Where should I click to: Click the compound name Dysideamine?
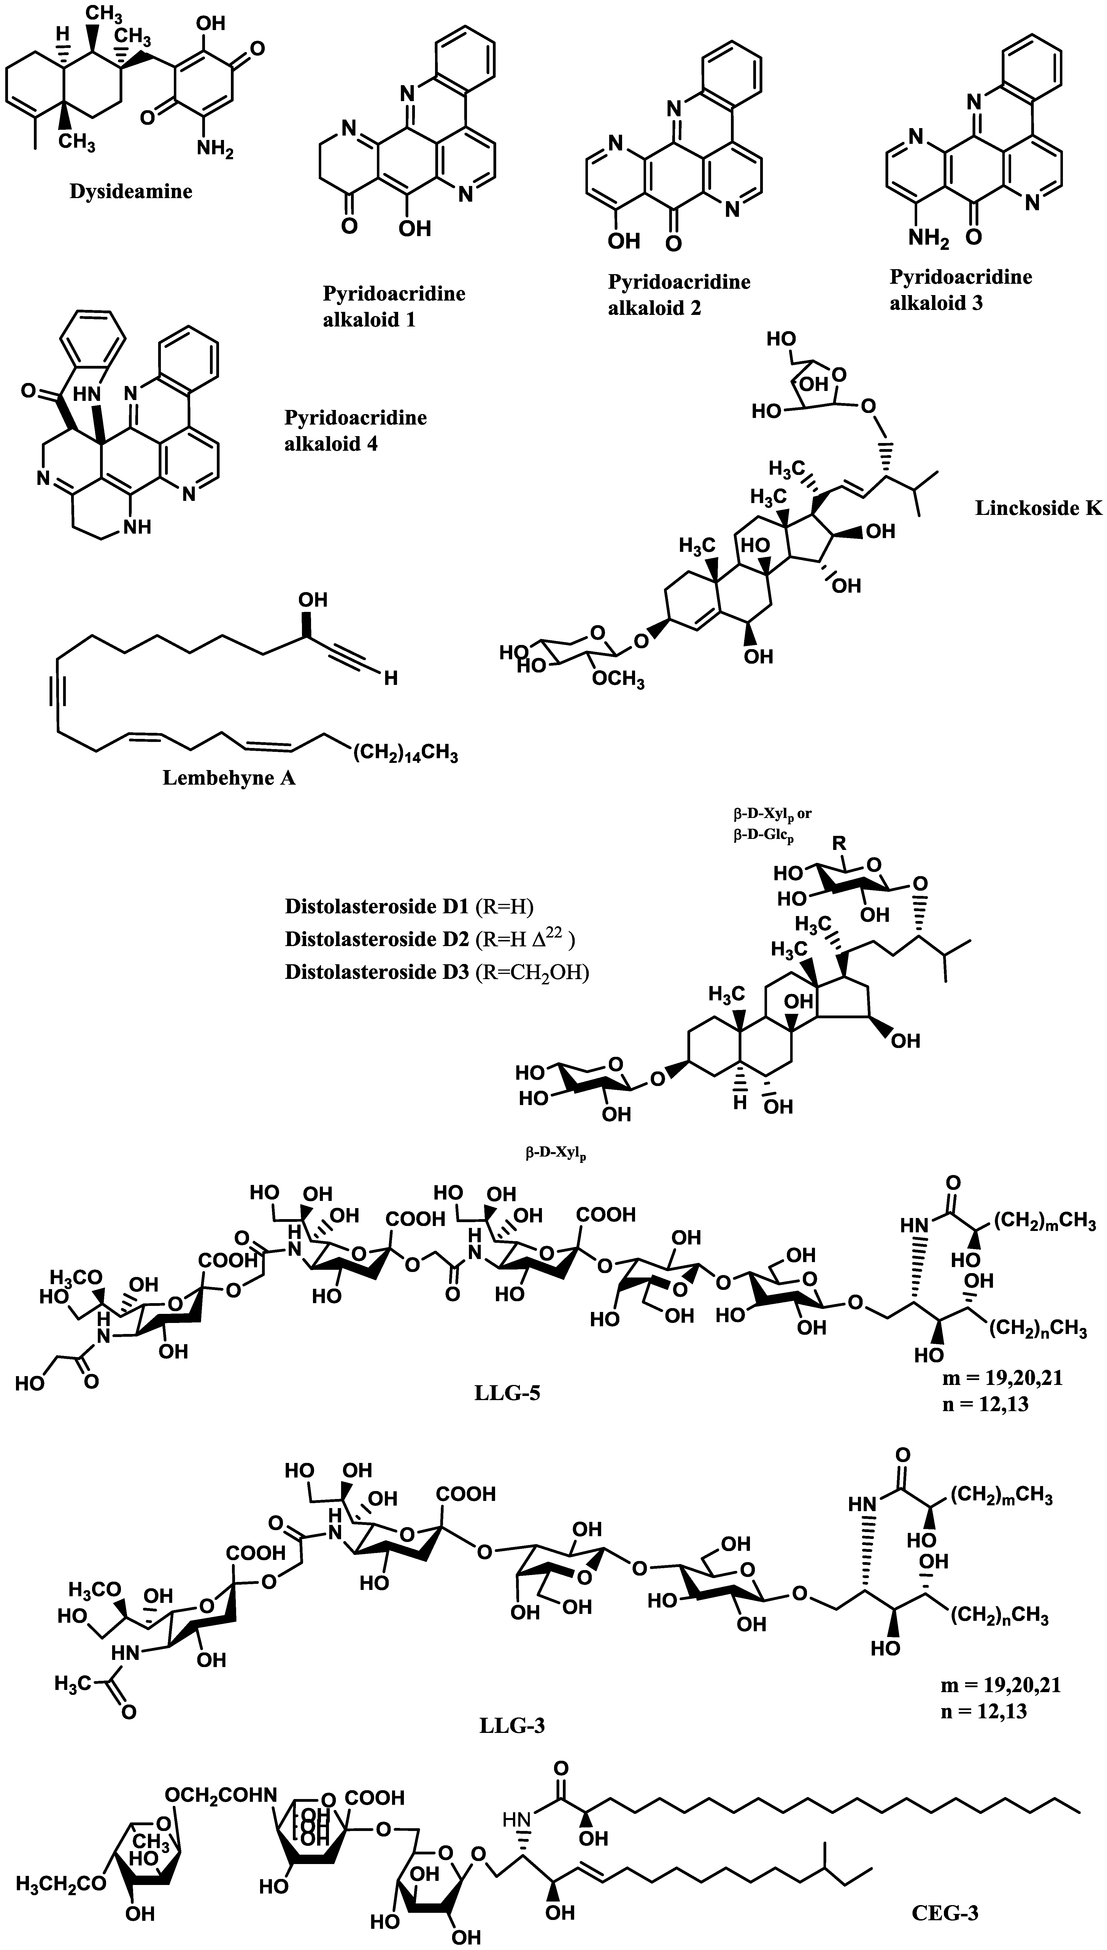131,191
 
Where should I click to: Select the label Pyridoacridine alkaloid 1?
394,306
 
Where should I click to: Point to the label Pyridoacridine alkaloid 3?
960,290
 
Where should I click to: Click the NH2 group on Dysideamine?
215,149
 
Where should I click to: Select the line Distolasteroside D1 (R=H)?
409,906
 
